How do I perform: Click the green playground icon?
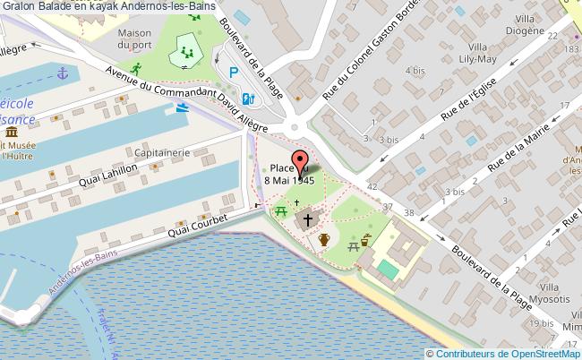coord(186,52)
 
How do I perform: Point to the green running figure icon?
coord(136,68)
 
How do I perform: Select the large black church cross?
coord(309,219)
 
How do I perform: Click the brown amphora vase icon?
coord(324,239)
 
